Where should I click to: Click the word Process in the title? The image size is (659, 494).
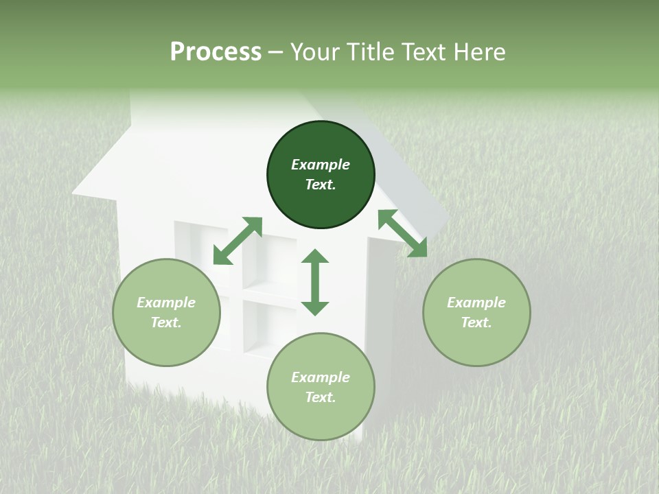[x=216, y=52]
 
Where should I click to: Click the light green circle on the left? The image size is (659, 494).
[x=166, y=312]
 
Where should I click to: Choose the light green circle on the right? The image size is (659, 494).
[x=476, y=312]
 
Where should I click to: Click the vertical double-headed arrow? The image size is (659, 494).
[x=315, y=282]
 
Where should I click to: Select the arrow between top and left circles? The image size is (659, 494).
[x=238, y=241]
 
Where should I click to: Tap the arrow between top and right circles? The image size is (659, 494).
[x=402, y=233]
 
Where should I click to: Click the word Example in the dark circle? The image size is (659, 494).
[x=321, y=165]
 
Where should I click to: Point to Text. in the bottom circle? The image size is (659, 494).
[x=321, y=397]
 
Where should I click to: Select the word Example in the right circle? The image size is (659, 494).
[x=476, y=303]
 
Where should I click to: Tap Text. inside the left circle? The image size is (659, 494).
[x=166, y=322]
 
